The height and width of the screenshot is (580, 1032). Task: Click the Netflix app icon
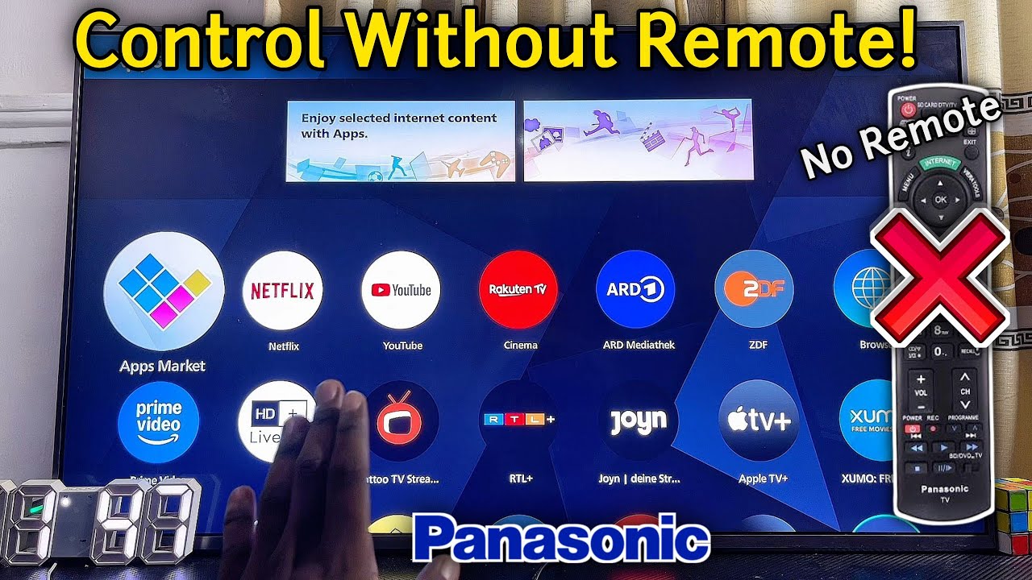point(282,290)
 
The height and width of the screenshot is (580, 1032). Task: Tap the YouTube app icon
point(401,290)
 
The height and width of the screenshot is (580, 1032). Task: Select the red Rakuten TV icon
point(518,290)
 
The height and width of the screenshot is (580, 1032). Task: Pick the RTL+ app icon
point(518,420)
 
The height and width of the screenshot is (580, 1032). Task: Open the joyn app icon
point(637,420)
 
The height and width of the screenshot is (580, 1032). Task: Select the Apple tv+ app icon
point(757,420)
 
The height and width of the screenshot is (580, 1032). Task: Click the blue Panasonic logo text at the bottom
point(561,541)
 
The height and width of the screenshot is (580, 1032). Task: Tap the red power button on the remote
point(909,109)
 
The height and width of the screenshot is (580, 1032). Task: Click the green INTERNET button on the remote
point(940,164)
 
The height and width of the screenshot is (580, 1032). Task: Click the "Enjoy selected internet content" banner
point(401,141)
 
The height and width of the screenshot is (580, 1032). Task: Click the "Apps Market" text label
point(162,366)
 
